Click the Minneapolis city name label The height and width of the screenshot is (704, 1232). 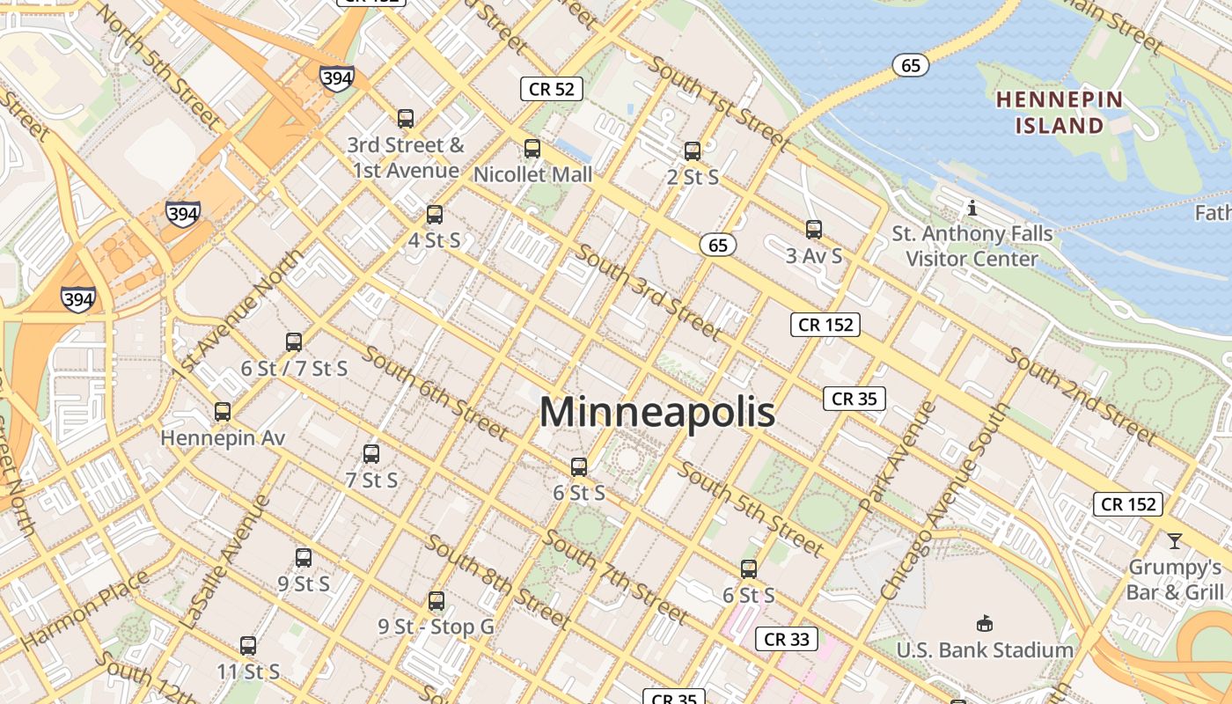[x=656, y=412]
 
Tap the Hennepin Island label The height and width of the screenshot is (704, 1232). [x=1060, y=112]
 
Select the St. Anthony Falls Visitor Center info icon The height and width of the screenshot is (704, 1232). [x=972, y=209]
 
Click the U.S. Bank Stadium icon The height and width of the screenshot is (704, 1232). [x=985, y=624]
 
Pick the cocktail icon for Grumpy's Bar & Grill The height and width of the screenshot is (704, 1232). [x=1174, y=540]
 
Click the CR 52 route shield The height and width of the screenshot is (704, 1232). [x=552, y=88]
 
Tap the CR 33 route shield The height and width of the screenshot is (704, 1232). [x=786, y=639]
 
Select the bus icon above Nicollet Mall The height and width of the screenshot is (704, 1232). [x=532, y=149]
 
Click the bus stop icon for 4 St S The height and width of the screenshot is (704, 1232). [x=435, y=215]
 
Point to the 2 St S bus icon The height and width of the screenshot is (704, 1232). [x=693, y=151]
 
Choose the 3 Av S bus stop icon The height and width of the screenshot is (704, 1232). [x=814, y=230]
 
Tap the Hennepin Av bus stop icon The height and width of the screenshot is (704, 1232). [x=223, y=412]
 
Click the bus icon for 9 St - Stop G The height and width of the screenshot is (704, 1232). [x=436, y=602]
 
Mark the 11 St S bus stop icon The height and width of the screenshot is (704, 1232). [x=248, y=646]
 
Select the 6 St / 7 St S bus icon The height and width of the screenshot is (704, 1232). [x=294, y=342]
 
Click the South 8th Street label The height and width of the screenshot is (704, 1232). [x=498, y=581]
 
